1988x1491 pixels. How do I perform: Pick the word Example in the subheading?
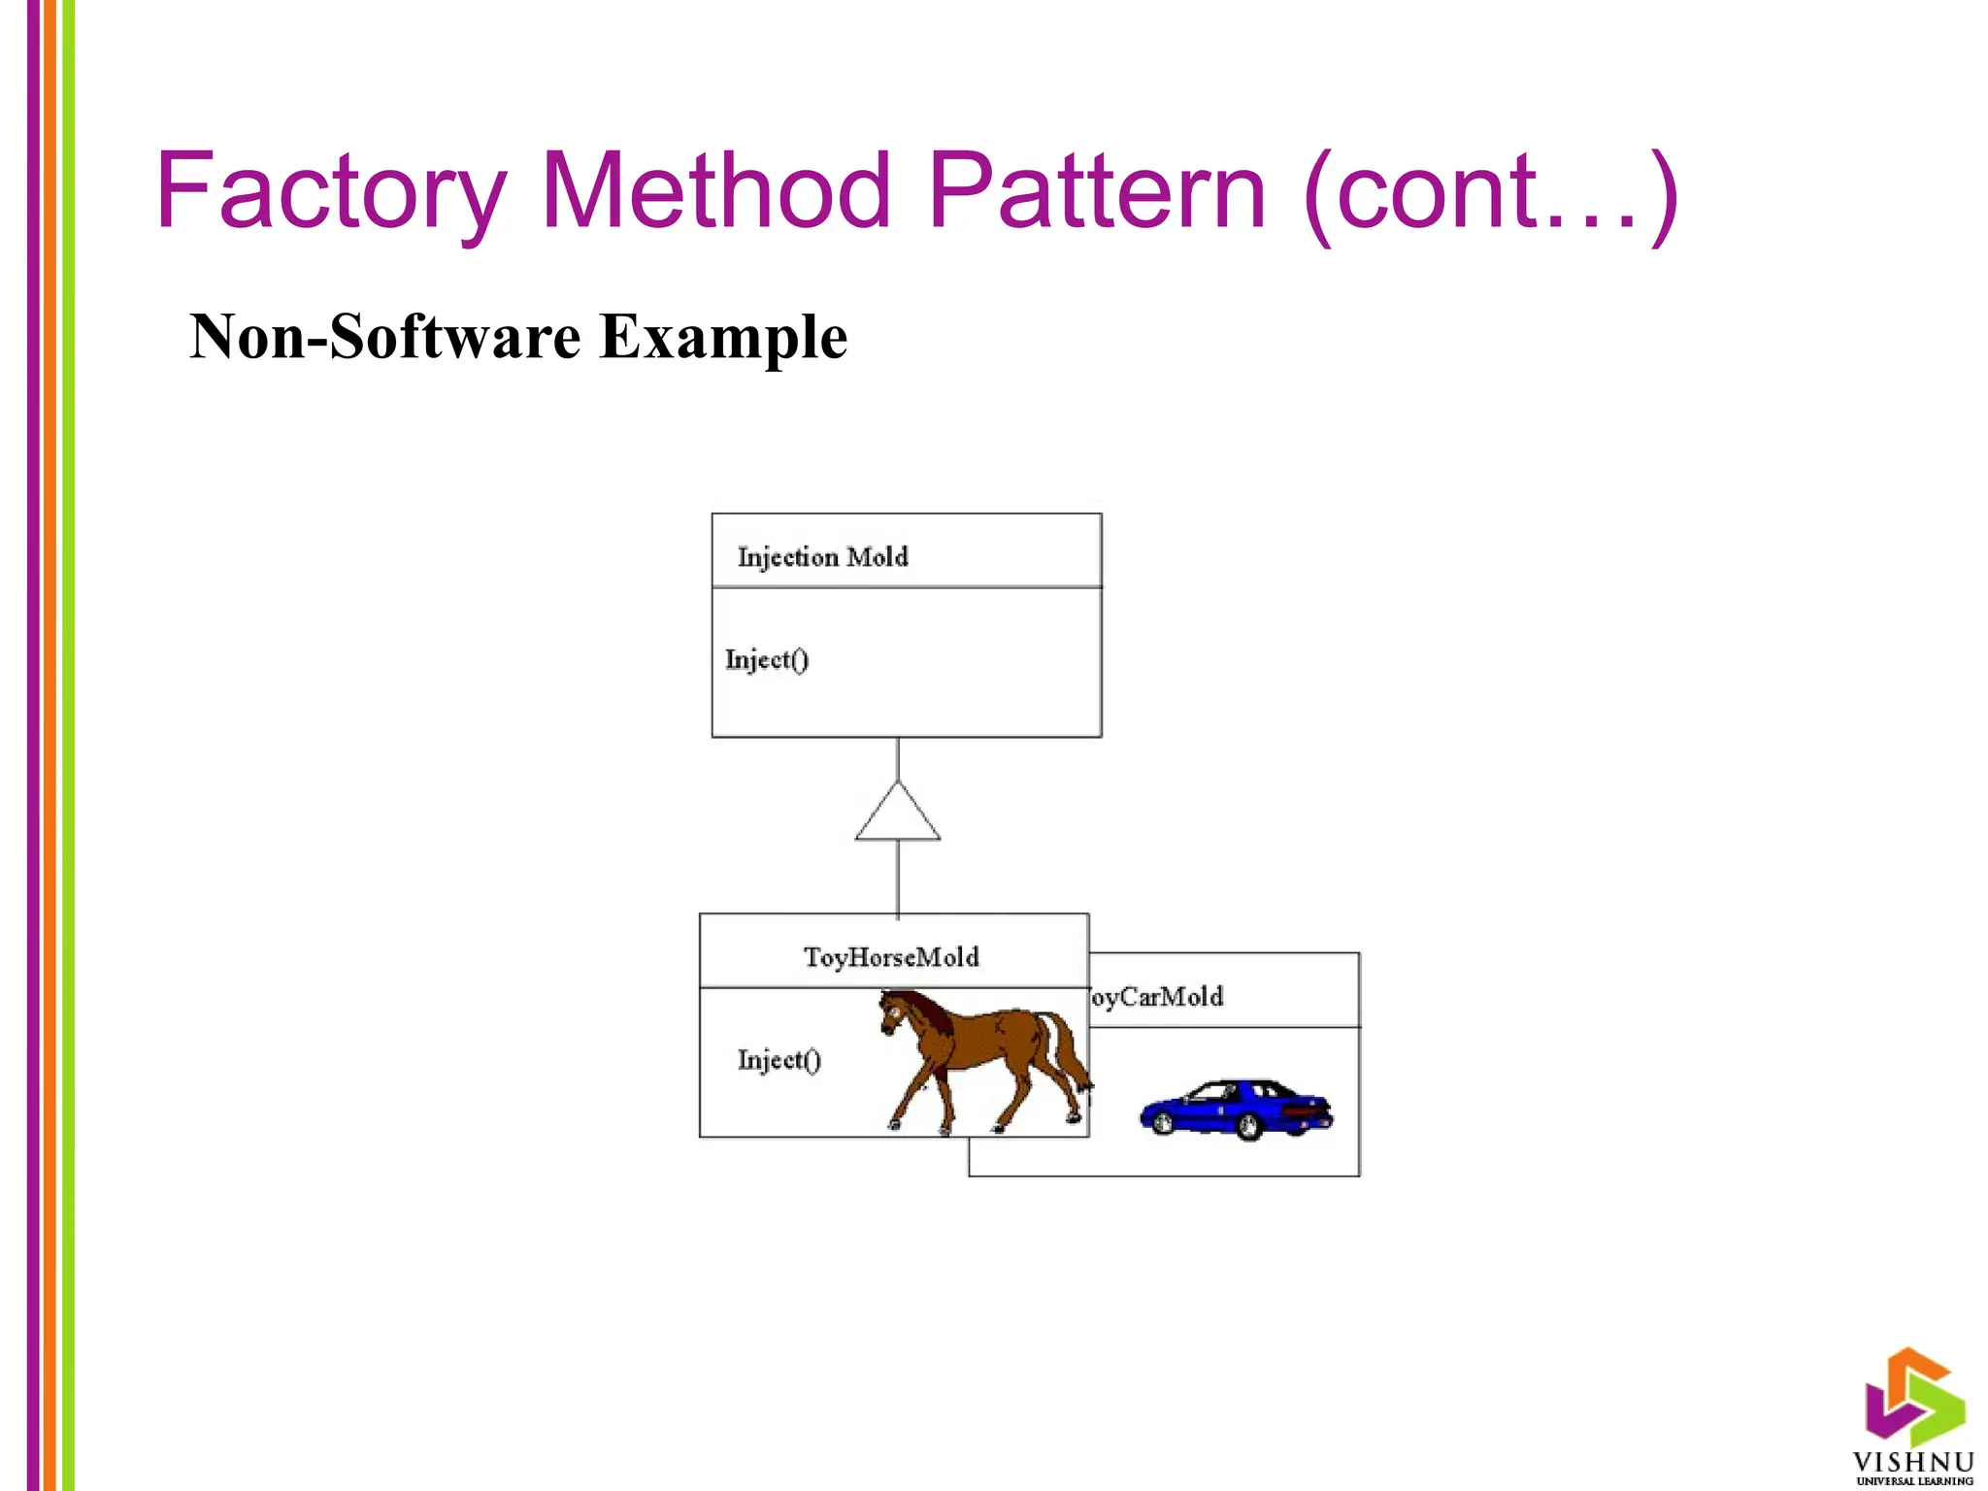point(723,339)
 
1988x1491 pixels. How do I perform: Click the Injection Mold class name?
point(822,557)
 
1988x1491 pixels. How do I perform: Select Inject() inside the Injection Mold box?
point(766,660)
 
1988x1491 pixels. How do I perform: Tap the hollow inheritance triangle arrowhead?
point(898,815)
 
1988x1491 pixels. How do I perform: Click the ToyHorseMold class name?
point(891,957)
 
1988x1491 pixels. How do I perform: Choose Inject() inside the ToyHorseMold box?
point(779,1060)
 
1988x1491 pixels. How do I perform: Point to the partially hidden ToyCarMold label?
point(1155,997)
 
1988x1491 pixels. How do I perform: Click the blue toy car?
point(1236,1108)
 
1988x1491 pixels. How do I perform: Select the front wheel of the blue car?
point(1161,1121)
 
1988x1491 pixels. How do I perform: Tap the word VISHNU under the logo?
point(1913,1462)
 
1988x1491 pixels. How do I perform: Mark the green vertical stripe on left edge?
point(68,745)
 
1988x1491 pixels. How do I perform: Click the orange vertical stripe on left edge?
point(50,745)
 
